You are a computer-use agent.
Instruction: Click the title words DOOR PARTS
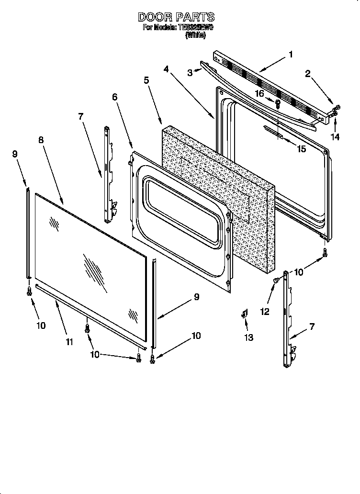(x=176, y=17)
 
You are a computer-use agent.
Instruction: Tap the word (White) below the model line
(x=195, y=35)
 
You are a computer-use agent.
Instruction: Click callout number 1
(x=290, y=54)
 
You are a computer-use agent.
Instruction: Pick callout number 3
(x=190, y=72)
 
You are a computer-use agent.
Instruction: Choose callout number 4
(x=166, y=69)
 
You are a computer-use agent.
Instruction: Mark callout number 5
(x=146, y=80)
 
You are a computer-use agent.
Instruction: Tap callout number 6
(x=114, y=97)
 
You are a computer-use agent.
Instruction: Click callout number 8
(x=41, y=140)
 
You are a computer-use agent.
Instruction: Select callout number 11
(x=70, y=341)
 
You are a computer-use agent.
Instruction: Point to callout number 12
(x=264, y=311)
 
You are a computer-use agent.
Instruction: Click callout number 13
(x=249, y=337)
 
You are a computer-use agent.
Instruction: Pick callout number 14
(x=335, y=136)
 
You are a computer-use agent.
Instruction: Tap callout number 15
(x=301, y=149)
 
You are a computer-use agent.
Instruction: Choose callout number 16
(x=259, y=93)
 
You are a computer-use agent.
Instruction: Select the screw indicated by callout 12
(x=276, y=280)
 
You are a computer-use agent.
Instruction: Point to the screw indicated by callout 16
(x=278, y=102)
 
